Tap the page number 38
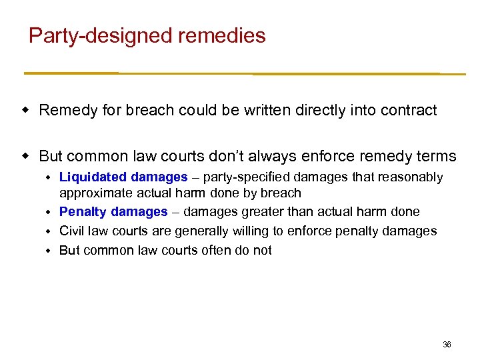(x=447, y=345)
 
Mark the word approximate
(x=89, y=193)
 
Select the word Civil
(x=71, y=231)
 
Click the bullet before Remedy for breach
(x=27, y=109)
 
